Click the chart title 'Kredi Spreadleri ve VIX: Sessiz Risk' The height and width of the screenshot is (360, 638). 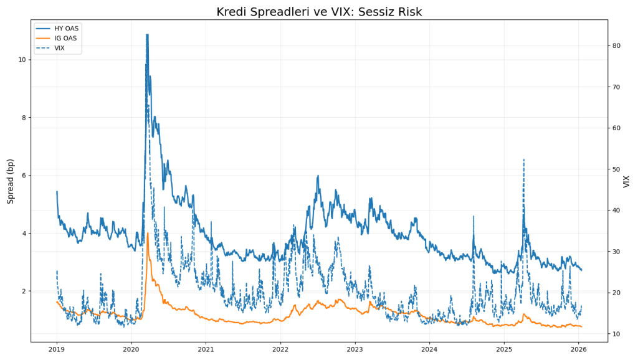pos(319,12)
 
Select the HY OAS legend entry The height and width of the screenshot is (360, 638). pos(66,29)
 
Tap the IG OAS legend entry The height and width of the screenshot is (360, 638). pos(65,39)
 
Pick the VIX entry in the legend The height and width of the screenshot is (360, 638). pos(60,48)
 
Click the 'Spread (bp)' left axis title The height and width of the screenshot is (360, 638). pos(11,181)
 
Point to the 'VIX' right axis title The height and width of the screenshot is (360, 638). pos(626,181)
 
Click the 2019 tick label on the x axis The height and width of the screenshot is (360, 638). pos(57,350)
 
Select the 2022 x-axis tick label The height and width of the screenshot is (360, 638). pos(280,350)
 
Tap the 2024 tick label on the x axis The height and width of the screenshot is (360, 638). pos(429,350)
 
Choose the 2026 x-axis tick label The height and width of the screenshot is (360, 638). pos(579,350)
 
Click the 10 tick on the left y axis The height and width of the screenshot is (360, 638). pos(22,60)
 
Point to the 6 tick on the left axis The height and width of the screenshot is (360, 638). pos(24,176)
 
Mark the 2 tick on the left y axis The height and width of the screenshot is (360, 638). pos(24,291)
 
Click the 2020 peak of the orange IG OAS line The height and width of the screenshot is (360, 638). pos(148,234)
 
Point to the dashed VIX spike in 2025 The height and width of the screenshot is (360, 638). pos(523,159)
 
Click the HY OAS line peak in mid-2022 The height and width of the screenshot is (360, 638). pos(318,176)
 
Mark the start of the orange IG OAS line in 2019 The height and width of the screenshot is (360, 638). pos(57,302)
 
